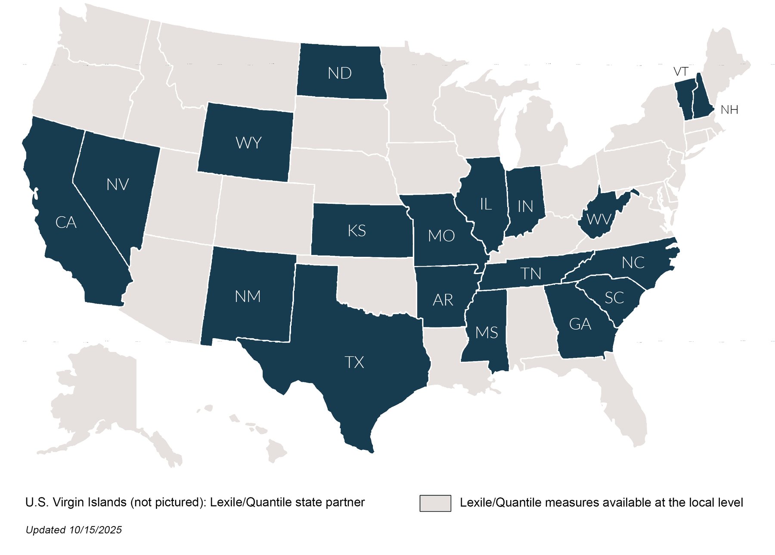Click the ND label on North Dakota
339,73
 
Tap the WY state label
248,143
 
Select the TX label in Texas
354,362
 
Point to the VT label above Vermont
681,72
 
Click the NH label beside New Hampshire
729,110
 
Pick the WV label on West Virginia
599,219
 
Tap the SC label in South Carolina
614,297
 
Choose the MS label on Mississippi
487,333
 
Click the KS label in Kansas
356,231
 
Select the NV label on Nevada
118,185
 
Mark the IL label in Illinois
486,204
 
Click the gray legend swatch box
435,503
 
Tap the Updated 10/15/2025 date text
74,530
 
